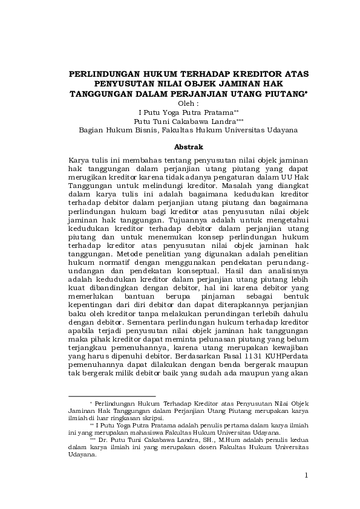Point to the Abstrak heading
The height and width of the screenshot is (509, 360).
188,147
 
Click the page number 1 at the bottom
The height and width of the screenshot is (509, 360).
306,475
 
